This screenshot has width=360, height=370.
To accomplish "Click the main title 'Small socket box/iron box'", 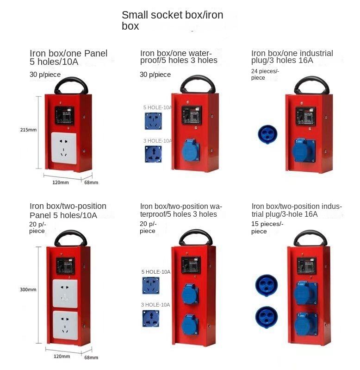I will click(x=172, y=20).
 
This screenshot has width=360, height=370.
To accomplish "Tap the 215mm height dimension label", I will click(x=29, y=130).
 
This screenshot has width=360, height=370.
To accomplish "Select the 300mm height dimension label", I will click(x=29, y=289).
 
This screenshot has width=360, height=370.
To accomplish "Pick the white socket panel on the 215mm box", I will click(x=65, y=148).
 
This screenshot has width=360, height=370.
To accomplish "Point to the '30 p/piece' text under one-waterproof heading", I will click(x=155, y=75).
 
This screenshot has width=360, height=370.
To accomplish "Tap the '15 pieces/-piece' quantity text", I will click(x=267, y=227).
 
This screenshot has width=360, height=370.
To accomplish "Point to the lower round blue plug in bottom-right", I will click(x=267, y=317).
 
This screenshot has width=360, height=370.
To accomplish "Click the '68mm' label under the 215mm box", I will click(x=91, y=182).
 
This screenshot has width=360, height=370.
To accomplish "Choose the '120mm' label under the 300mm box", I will click(x=62, y=356).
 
